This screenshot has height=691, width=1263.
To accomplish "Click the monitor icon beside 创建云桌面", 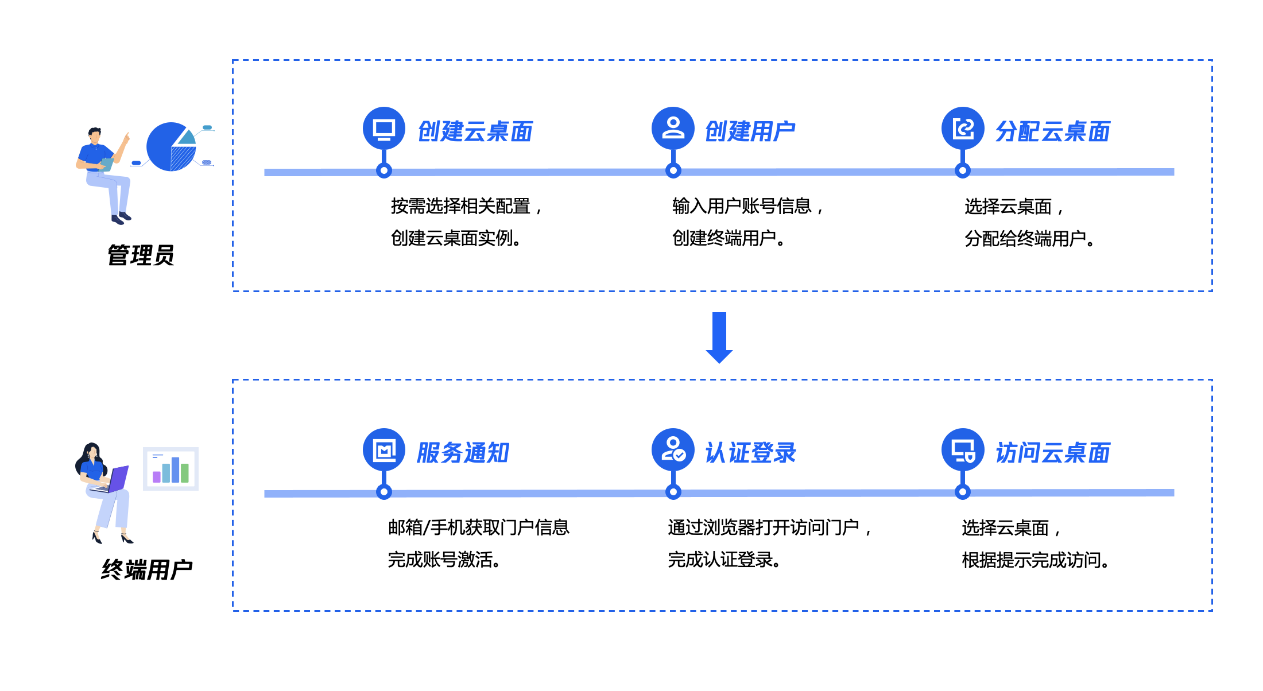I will coord(384,128).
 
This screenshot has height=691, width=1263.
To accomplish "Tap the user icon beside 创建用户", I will coord(673,128).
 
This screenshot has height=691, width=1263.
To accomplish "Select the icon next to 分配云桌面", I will coord(963,128).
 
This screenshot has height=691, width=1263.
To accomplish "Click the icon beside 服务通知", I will coord(384,450).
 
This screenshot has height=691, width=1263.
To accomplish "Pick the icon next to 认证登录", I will coord(673,450).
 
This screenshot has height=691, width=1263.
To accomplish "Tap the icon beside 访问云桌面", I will coord(963,450).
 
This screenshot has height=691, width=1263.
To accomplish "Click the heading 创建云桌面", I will coord(475,131).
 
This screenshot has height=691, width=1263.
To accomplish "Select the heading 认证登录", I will coord(750,453).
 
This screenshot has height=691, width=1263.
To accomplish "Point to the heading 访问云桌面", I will coord(1052,453).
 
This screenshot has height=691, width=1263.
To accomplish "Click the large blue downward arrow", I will coord(719,337).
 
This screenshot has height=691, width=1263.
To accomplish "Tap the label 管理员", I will coord(141,255).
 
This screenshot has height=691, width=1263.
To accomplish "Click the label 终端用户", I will coord(146,570).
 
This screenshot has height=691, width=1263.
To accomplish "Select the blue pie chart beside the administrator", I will coord(171,147).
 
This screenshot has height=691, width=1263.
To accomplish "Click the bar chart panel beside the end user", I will coord(171,469).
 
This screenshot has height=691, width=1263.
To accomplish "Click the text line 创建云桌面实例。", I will coord(456,238).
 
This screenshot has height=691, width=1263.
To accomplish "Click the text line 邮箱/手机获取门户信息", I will coord(478,527).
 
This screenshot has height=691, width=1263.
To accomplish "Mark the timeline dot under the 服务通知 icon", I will coord(384,492).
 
